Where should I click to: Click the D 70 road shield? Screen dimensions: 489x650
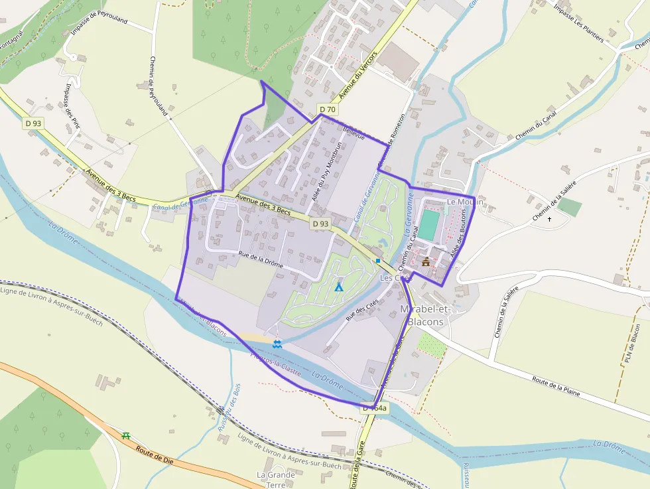[328, 109]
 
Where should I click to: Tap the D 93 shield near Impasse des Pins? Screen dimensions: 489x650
[33, 123]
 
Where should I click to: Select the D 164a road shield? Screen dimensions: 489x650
[375, 409]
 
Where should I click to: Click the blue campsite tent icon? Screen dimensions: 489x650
[339, 287]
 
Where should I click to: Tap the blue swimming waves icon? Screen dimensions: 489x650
[277, 343]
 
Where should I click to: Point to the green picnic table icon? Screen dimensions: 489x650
[126, 436]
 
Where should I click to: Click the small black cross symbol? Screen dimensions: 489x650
[550, 218]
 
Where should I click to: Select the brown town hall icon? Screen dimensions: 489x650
[426, 261]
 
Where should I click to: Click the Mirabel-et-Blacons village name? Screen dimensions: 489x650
[426, 316]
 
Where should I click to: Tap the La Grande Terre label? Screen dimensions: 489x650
[275, 480]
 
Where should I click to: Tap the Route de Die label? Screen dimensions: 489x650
[155, 453]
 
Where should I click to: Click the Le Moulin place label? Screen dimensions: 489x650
[465, 202]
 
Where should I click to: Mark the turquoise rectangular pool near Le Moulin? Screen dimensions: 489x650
[429, 225]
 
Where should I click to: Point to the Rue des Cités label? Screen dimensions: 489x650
[362, 310]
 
